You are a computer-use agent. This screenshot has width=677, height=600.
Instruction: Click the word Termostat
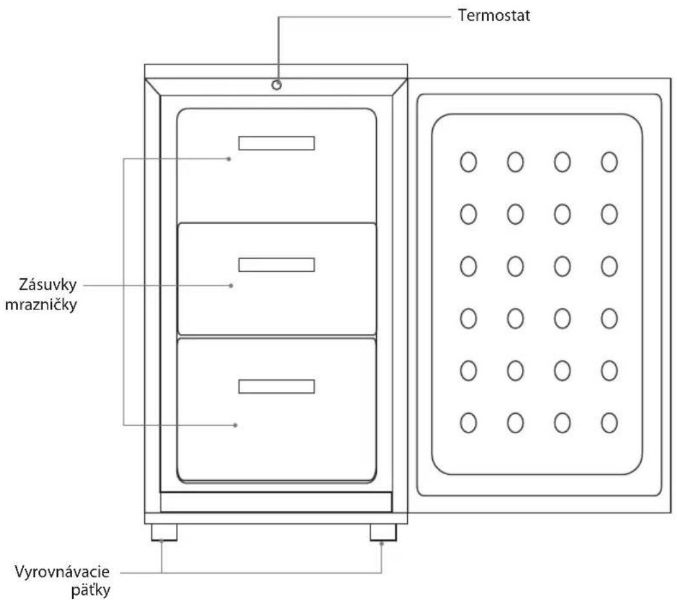[x=494, y=15]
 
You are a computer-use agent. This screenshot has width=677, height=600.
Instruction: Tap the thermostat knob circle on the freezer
[x=277, y=84]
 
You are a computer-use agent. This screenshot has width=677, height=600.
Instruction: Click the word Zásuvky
[x=48, y=285]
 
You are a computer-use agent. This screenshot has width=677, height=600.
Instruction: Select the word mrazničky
[x=41, y=305]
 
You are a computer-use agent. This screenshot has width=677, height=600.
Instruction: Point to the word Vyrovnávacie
[x=62, y=572]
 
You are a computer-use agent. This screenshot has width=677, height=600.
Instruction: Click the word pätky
[x=91, y=590]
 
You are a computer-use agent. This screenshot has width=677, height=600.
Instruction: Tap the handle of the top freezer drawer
[x=277, y=143]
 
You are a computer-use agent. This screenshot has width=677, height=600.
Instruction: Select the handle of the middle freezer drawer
[x=277, y=265]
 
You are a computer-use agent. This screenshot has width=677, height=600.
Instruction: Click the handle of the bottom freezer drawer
[x=277, y=387]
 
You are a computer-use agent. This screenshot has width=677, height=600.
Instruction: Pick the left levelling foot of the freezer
[x=164, y=532]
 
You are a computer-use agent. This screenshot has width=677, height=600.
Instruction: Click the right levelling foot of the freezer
[x=383, y=532]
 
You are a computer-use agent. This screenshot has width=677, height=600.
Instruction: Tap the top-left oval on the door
[x=468, y=162]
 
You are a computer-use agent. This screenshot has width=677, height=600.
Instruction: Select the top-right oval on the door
[x=609, y=162]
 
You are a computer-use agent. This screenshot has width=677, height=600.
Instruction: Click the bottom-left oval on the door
[x=468, y=423]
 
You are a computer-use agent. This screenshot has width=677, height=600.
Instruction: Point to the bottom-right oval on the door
[x=609, y=423]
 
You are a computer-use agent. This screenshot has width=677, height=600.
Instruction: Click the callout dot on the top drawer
[x=229, y=159]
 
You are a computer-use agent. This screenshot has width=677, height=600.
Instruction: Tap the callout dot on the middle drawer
[x=231, y=285]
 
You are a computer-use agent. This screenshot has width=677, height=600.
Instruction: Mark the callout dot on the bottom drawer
[x=235, y=425]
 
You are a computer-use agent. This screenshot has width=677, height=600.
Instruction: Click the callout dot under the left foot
[x=162, y=541]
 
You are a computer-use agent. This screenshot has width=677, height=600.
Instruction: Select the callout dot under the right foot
[x=382, y=544]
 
